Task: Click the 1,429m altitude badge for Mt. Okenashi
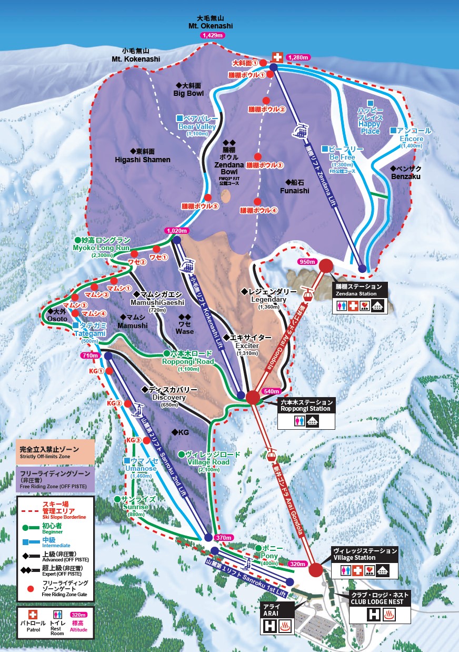click(212, 35)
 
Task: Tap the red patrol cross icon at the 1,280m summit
click(277, 57)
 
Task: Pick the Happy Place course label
click(370, 121)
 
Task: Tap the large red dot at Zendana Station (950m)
click(325, 266)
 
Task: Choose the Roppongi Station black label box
click(306, 405)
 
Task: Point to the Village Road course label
click(208, 458)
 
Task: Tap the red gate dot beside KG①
click(109, 371)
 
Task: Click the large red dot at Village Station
click(316, 569)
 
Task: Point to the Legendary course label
click(267, 295)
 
